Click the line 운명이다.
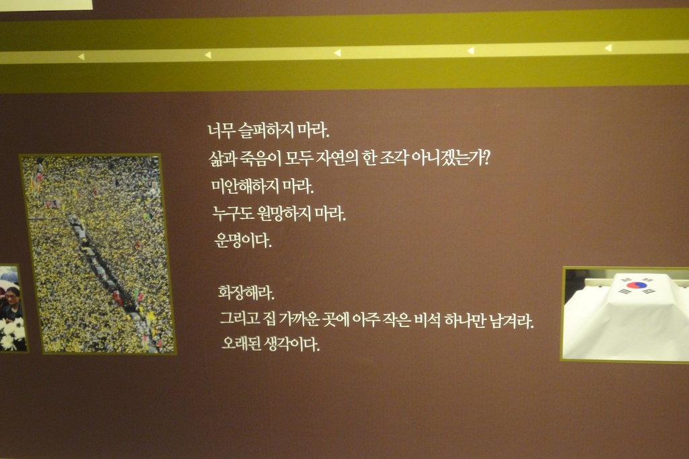click(x=243, y=240)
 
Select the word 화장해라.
click(x=246, y=293)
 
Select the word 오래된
click(x=241, y=343)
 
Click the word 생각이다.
click(x=291, y=344)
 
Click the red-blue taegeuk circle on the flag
click(x=637, y=285)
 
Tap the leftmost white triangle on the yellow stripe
click(x=81, y=56)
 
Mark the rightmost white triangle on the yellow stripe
click(x=608, y=48)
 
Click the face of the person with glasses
click(x=12, y=297)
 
